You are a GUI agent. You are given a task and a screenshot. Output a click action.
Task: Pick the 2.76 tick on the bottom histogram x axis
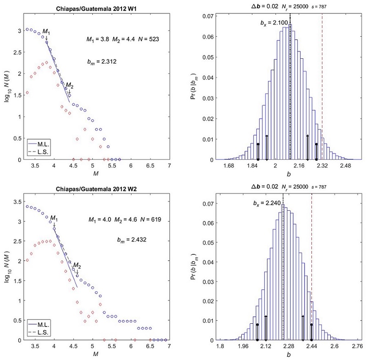point(356,346)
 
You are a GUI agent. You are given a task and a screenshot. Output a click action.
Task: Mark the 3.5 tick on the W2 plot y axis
point(17,202)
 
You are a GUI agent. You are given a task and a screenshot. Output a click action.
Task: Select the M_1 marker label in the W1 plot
point(47,31)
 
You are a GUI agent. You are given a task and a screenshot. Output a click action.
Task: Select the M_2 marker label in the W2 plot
point(77,265)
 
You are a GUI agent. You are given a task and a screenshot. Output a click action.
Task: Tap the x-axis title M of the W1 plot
point(95,174)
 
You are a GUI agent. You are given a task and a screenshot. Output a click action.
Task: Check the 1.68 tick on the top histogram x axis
point(228,166)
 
